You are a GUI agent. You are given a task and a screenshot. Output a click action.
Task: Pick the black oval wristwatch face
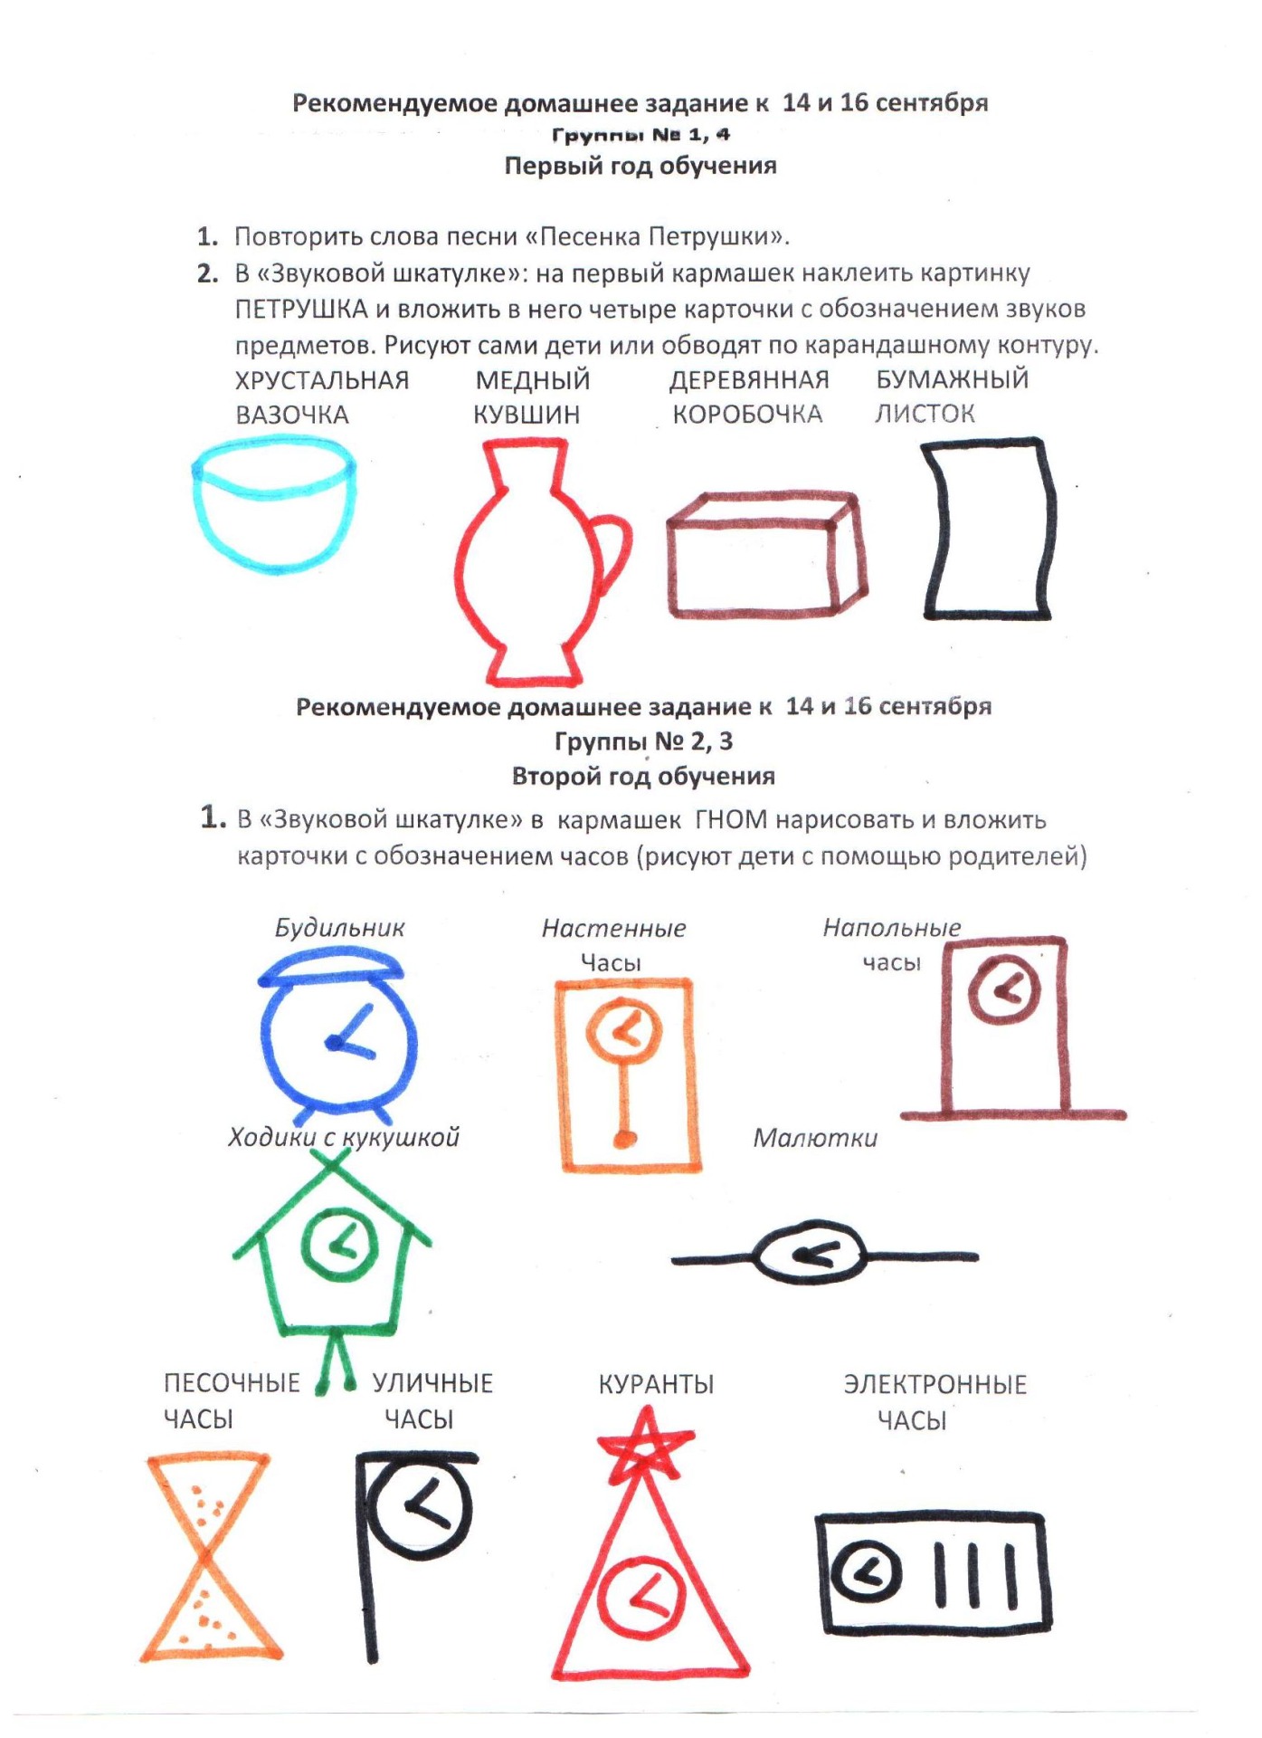click(811, 1254)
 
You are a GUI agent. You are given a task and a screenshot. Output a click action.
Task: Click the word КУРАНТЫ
click(656, 1384)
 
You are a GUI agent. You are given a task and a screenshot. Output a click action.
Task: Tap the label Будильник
click(339, 928)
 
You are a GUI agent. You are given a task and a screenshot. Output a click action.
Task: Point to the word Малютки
click(815, 1138)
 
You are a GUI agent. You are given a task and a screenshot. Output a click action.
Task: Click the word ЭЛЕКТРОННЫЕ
click(935, 1385)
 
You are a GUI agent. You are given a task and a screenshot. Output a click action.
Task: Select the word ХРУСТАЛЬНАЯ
click(322, 380)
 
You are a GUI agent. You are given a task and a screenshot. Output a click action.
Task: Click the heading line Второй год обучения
click(643, 777)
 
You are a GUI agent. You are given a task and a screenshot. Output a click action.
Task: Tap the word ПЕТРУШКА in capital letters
click(301, 310)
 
